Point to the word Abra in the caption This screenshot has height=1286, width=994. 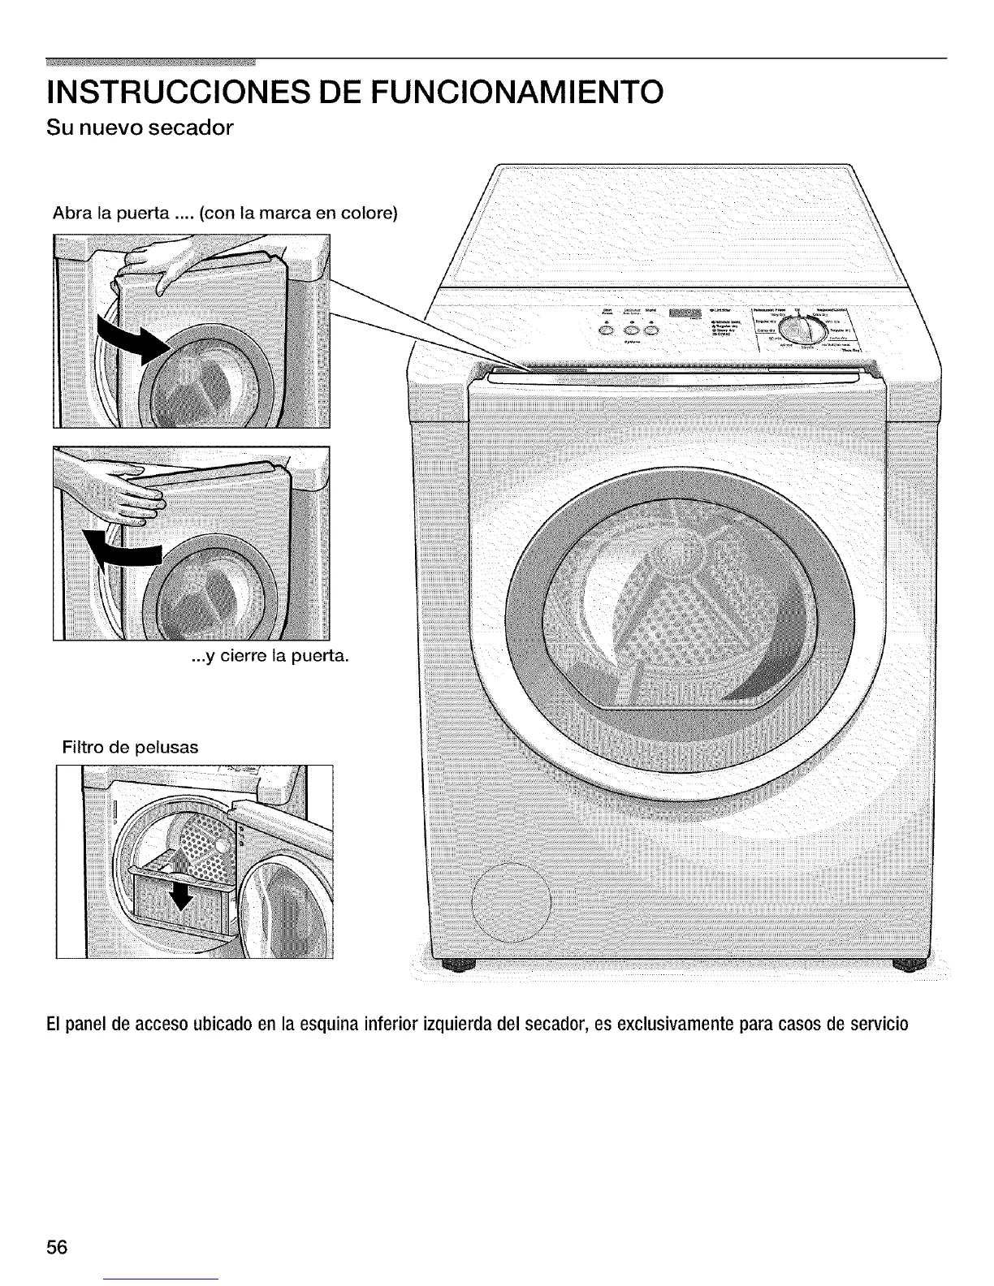click(x=70, y=214)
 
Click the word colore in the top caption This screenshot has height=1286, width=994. click(x=368, y=214)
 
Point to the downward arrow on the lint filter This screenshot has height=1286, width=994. click(x=184, y=896)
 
